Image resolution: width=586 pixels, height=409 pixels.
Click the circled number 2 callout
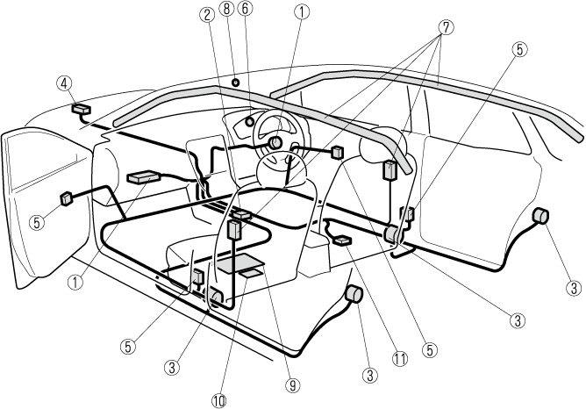(x=207, y=14)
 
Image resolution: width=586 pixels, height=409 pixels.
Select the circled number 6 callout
(x=245, y=10)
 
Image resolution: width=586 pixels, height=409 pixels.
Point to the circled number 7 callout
(x=447, y=26)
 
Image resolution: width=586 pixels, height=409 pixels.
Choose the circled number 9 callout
(x=291, y=384)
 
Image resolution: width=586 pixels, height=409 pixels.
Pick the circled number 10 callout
(x=218, y=399)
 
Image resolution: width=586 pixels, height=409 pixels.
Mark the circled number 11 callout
(x=400, y=358)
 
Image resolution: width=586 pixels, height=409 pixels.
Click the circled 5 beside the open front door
(x=36, y=223)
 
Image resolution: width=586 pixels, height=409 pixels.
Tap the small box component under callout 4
(x=83, y=109)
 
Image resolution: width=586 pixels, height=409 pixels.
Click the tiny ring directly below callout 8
(x=235, y=82)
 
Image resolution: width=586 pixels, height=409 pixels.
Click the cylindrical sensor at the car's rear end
(x=541, y=217)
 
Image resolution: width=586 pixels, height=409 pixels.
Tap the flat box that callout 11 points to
(x=342, y=239)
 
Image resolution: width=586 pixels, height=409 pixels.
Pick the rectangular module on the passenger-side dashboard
(x=142, y=177)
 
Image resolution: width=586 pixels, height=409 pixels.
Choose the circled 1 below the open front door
(x=75, y=283)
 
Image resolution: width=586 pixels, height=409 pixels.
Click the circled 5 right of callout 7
(x=520, y=50)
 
